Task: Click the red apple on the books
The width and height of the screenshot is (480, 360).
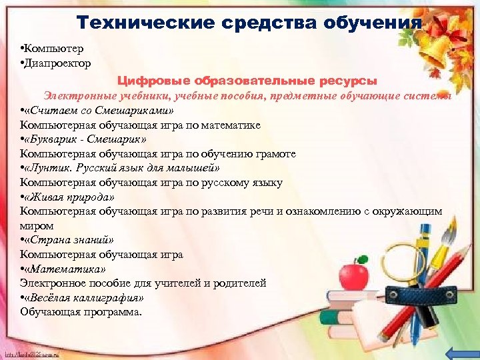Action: (x=353, y=274)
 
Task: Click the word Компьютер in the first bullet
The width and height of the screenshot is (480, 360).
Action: (x=54, y=49)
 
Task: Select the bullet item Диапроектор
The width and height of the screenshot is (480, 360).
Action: (x=57, y=63)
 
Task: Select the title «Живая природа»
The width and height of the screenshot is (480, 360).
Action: (x=69, y=197)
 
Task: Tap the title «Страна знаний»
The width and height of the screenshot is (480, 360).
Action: (x=69, y=240)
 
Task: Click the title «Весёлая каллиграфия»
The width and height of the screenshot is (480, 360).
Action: (x=83, y=297)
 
